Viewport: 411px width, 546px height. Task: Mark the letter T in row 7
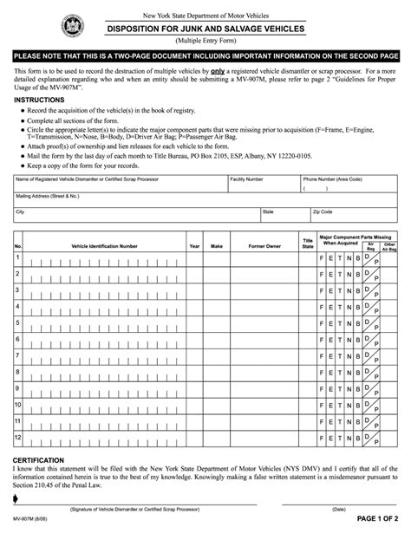point(341,357)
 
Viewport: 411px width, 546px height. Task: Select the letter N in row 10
point(350,406)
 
